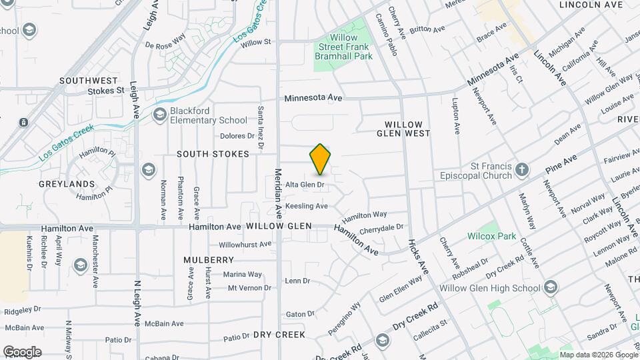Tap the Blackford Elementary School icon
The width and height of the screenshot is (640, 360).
[159, 115]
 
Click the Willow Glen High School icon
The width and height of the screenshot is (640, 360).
[551, 288]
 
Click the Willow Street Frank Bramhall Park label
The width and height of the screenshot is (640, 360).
[343, 47]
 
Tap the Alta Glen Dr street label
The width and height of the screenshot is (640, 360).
[305, 185]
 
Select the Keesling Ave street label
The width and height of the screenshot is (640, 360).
[306, 206]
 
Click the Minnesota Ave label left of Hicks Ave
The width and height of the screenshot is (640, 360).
[313, 98]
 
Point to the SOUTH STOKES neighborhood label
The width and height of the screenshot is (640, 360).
[213, 154]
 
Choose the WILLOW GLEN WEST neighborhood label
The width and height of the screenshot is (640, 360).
[404, 129]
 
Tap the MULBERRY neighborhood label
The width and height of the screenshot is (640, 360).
[209, 260]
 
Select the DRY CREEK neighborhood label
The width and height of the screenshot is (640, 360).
[279, 335]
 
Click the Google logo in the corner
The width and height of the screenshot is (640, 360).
[22, 351]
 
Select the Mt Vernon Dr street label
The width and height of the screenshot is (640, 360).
[249, 288]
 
